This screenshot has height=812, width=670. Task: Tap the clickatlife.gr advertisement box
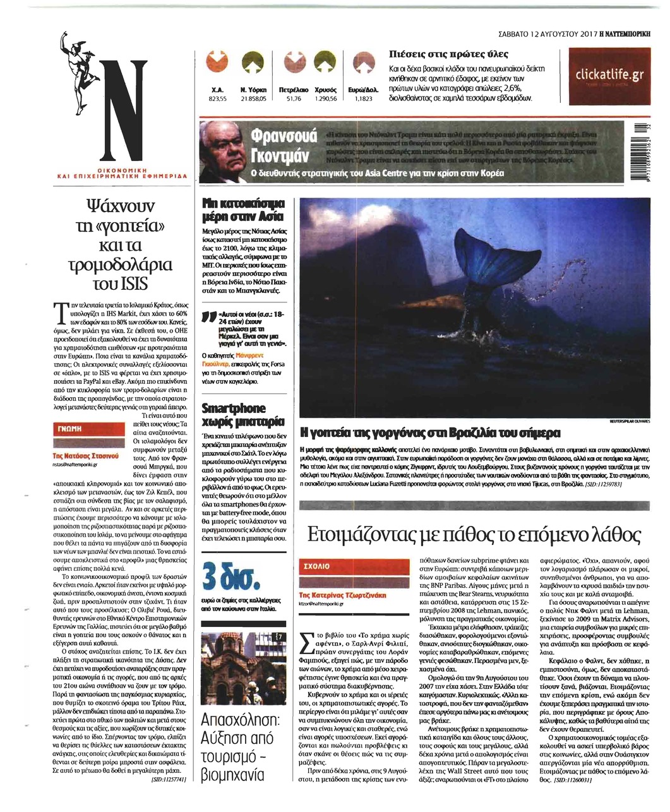(x=609, y=76)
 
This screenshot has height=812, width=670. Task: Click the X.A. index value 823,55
(x=218, y=99)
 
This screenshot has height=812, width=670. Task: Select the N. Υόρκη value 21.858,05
(x=253, y=99)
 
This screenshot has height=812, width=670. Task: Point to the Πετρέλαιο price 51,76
(x=294, y=99)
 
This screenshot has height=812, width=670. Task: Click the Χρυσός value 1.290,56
(x=326, y=99)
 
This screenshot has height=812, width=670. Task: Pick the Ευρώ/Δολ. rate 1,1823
(x=364, y=99)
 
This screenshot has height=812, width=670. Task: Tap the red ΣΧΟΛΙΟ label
(x=314, y=566)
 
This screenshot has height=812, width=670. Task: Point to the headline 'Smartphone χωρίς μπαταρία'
(x=243, y=414)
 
